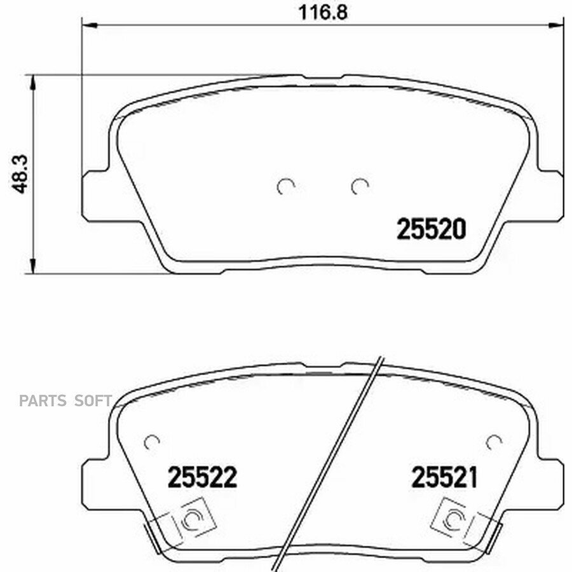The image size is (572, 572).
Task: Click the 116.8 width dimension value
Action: click(x=323, y=13)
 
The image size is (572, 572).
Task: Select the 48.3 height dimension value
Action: click(x=19, y=174)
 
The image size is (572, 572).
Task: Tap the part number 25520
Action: click(x=431, y=229)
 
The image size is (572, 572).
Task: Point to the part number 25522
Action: click(x=202, y=477)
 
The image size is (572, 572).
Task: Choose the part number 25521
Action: click(x=444, y=477)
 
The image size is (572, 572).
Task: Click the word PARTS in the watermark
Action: click(x=43, y=401)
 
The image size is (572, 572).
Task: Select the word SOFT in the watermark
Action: click(x=93, y=401)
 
